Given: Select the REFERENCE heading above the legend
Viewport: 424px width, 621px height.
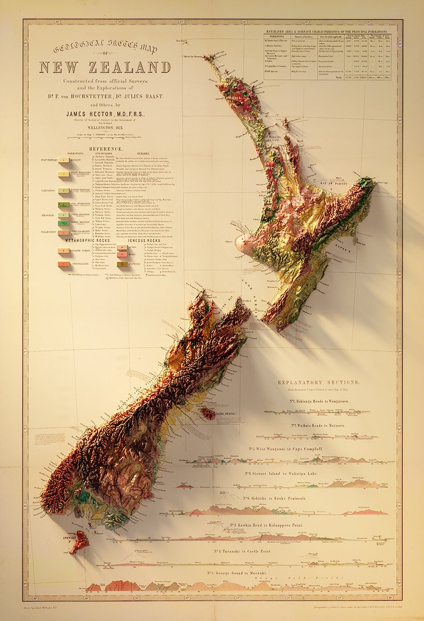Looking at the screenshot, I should click(105, 149).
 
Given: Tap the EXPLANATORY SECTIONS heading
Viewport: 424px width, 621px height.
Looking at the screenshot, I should click(318, 383).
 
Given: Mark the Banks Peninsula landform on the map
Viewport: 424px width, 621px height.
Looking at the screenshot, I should click(208, 413).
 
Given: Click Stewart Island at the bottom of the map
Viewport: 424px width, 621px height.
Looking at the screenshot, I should click(80, 542).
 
